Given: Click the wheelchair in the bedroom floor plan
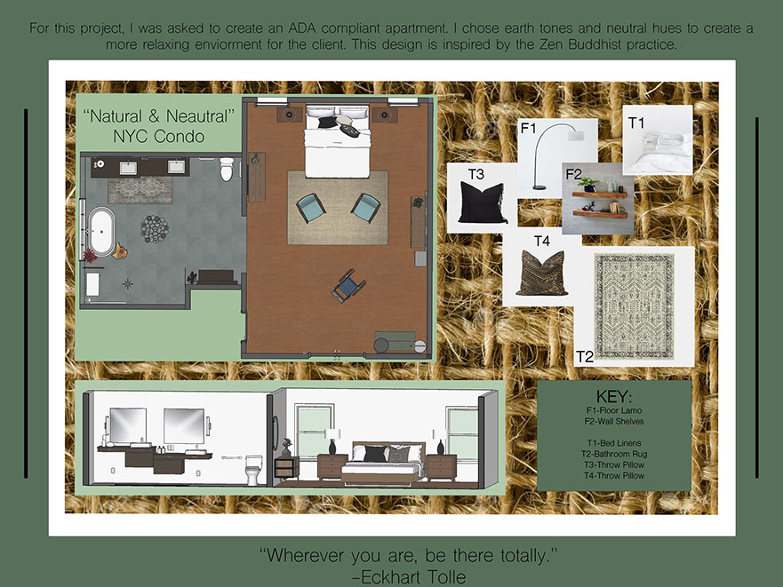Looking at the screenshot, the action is pyautogui.click(x=348, y=286).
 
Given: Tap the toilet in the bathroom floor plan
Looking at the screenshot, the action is pyautogui.click(x=227, y=169).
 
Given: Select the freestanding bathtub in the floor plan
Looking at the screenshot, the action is pyautogui.click(x=101, y=232).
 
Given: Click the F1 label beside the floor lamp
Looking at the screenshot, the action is pyautogui.click(x=528, y=128).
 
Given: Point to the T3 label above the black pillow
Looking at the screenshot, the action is pyautogui.click(x=475, y=174).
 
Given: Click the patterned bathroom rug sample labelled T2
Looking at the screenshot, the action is pyautogui.click(x=634, y=305).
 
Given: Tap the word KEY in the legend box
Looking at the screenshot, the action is pyautogui.click(x=614, y=397).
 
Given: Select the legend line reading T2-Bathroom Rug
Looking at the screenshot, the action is pyautogui.click(x=614, y=454).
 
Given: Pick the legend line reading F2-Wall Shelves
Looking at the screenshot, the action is pyautogui.click(x=614, y=421).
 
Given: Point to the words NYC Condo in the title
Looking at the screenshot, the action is pyautogui.click(x=159, y=136).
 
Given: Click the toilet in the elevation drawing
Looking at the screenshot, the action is pyautogui.click(x=253, y=469).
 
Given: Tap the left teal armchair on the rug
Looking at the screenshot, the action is pyautogui.click(x=310, y=207).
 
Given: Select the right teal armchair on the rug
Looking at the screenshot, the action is pyautogui.click(x=365, y=207).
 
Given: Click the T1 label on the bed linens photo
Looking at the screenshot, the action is pyautogui.click(x=636, y=123).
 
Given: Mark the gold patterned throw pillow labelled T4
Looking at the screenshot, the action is pyautogui.click(x=542, y=273).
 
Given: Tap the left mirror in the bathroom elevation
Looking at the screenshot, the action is pyautogui.click(x=128, y=425).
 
